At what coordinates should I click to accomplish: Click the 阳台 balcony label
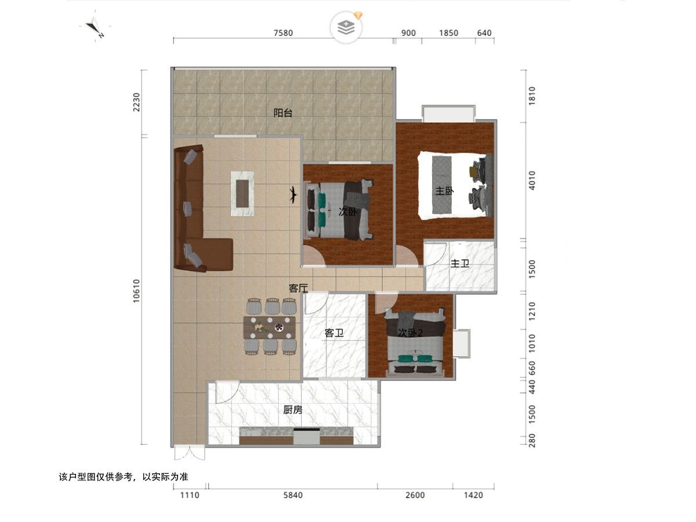click(x=282, y=113)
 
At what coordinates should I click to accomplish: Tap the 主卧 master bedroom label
click(x=444, y=191)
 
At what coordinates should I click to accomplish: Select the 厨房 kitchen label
click(x=293, y=410)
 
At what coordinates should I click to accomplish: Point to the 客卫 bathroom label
click(x=334, y=333)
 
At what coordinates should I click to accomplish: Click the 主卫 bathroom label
click(x=460, y=263)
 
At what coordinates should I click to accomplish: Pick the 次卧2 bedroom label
click(x=410, y=333)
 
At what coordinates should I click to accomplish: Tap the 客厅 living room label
click(x=298, y=288)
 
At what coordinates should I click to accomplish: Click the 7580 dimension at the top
click(x=283, y=33)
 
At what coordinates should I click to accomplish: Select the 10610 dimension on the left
click(x=136, y=291)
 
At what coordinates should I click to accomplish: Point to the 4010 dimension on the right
click(x=532, y=180)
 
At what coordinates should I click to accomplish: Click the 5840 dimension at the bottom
click(x=293, y=495)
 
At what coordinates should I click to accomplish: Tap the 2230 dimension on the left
click(x=136, y=102)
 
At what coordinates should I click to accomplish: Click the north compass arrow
click(x=94, y=28)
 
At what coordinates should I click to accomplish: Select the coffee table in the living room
click(x=242, y=194)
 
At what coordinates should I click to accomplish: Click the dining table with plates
click(x=270, y=327)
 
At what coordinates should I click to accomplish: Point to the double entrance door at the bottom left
click(x=189, y=453)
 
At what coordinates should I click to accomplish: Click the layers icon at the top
click(x=346, y=28)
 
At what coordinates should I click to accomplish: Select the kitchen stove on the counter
click(x=306, y=436)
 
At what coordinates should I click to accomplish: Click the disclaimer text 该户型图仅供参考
click(x=124, y=477)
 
